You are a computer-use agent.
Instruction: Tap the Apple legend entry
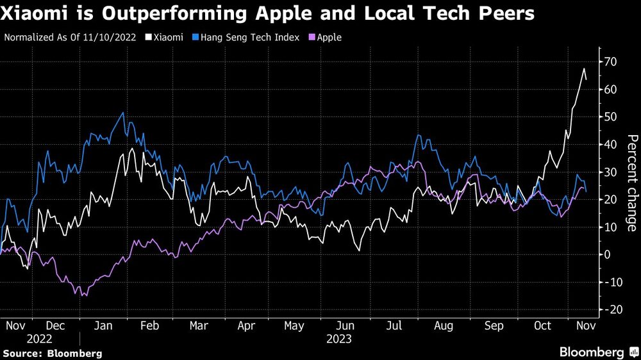click(x=327, y=37)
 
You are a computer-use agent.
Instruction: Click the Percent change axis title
click(x=631, y=183)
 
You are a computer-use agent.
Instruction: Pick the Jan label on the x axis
click(x=103, y=325)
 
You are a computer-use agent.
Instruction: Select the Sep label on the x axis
click(x=494, y=325)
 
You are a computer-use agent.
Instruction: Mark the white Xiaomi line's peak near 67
click(x=583, y=69)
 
